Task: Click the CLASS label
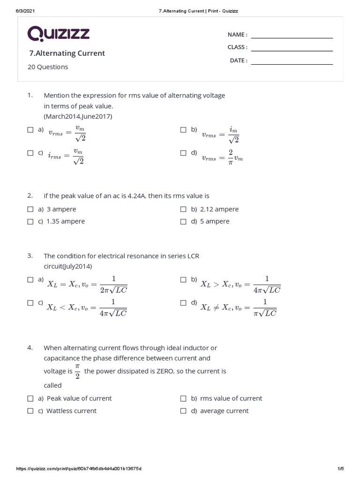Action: tap(237, 47)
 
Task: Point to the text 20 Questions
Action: tap(48, 67)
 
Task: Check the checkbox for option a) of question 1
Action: tap(30, 130)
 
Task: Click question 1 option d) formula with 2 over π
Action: tap(222, 157)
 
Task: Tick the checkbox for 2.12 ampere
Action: tap(183, 210)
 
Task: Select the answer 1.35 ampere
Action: tap(65, 221)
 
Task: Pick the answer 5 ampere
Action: tap(215, 221)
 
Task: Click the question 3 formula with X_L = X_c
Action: tap(87, 284)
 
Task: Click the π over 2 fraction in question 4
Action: tap(77, 371)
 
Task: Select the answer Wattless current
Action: tap(71, 411)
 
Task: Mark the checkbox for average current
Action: tap(183, 411)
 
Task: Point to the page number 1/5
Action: tap(340, 469)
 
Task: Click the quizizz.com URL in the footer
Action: tap(79, 469)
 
